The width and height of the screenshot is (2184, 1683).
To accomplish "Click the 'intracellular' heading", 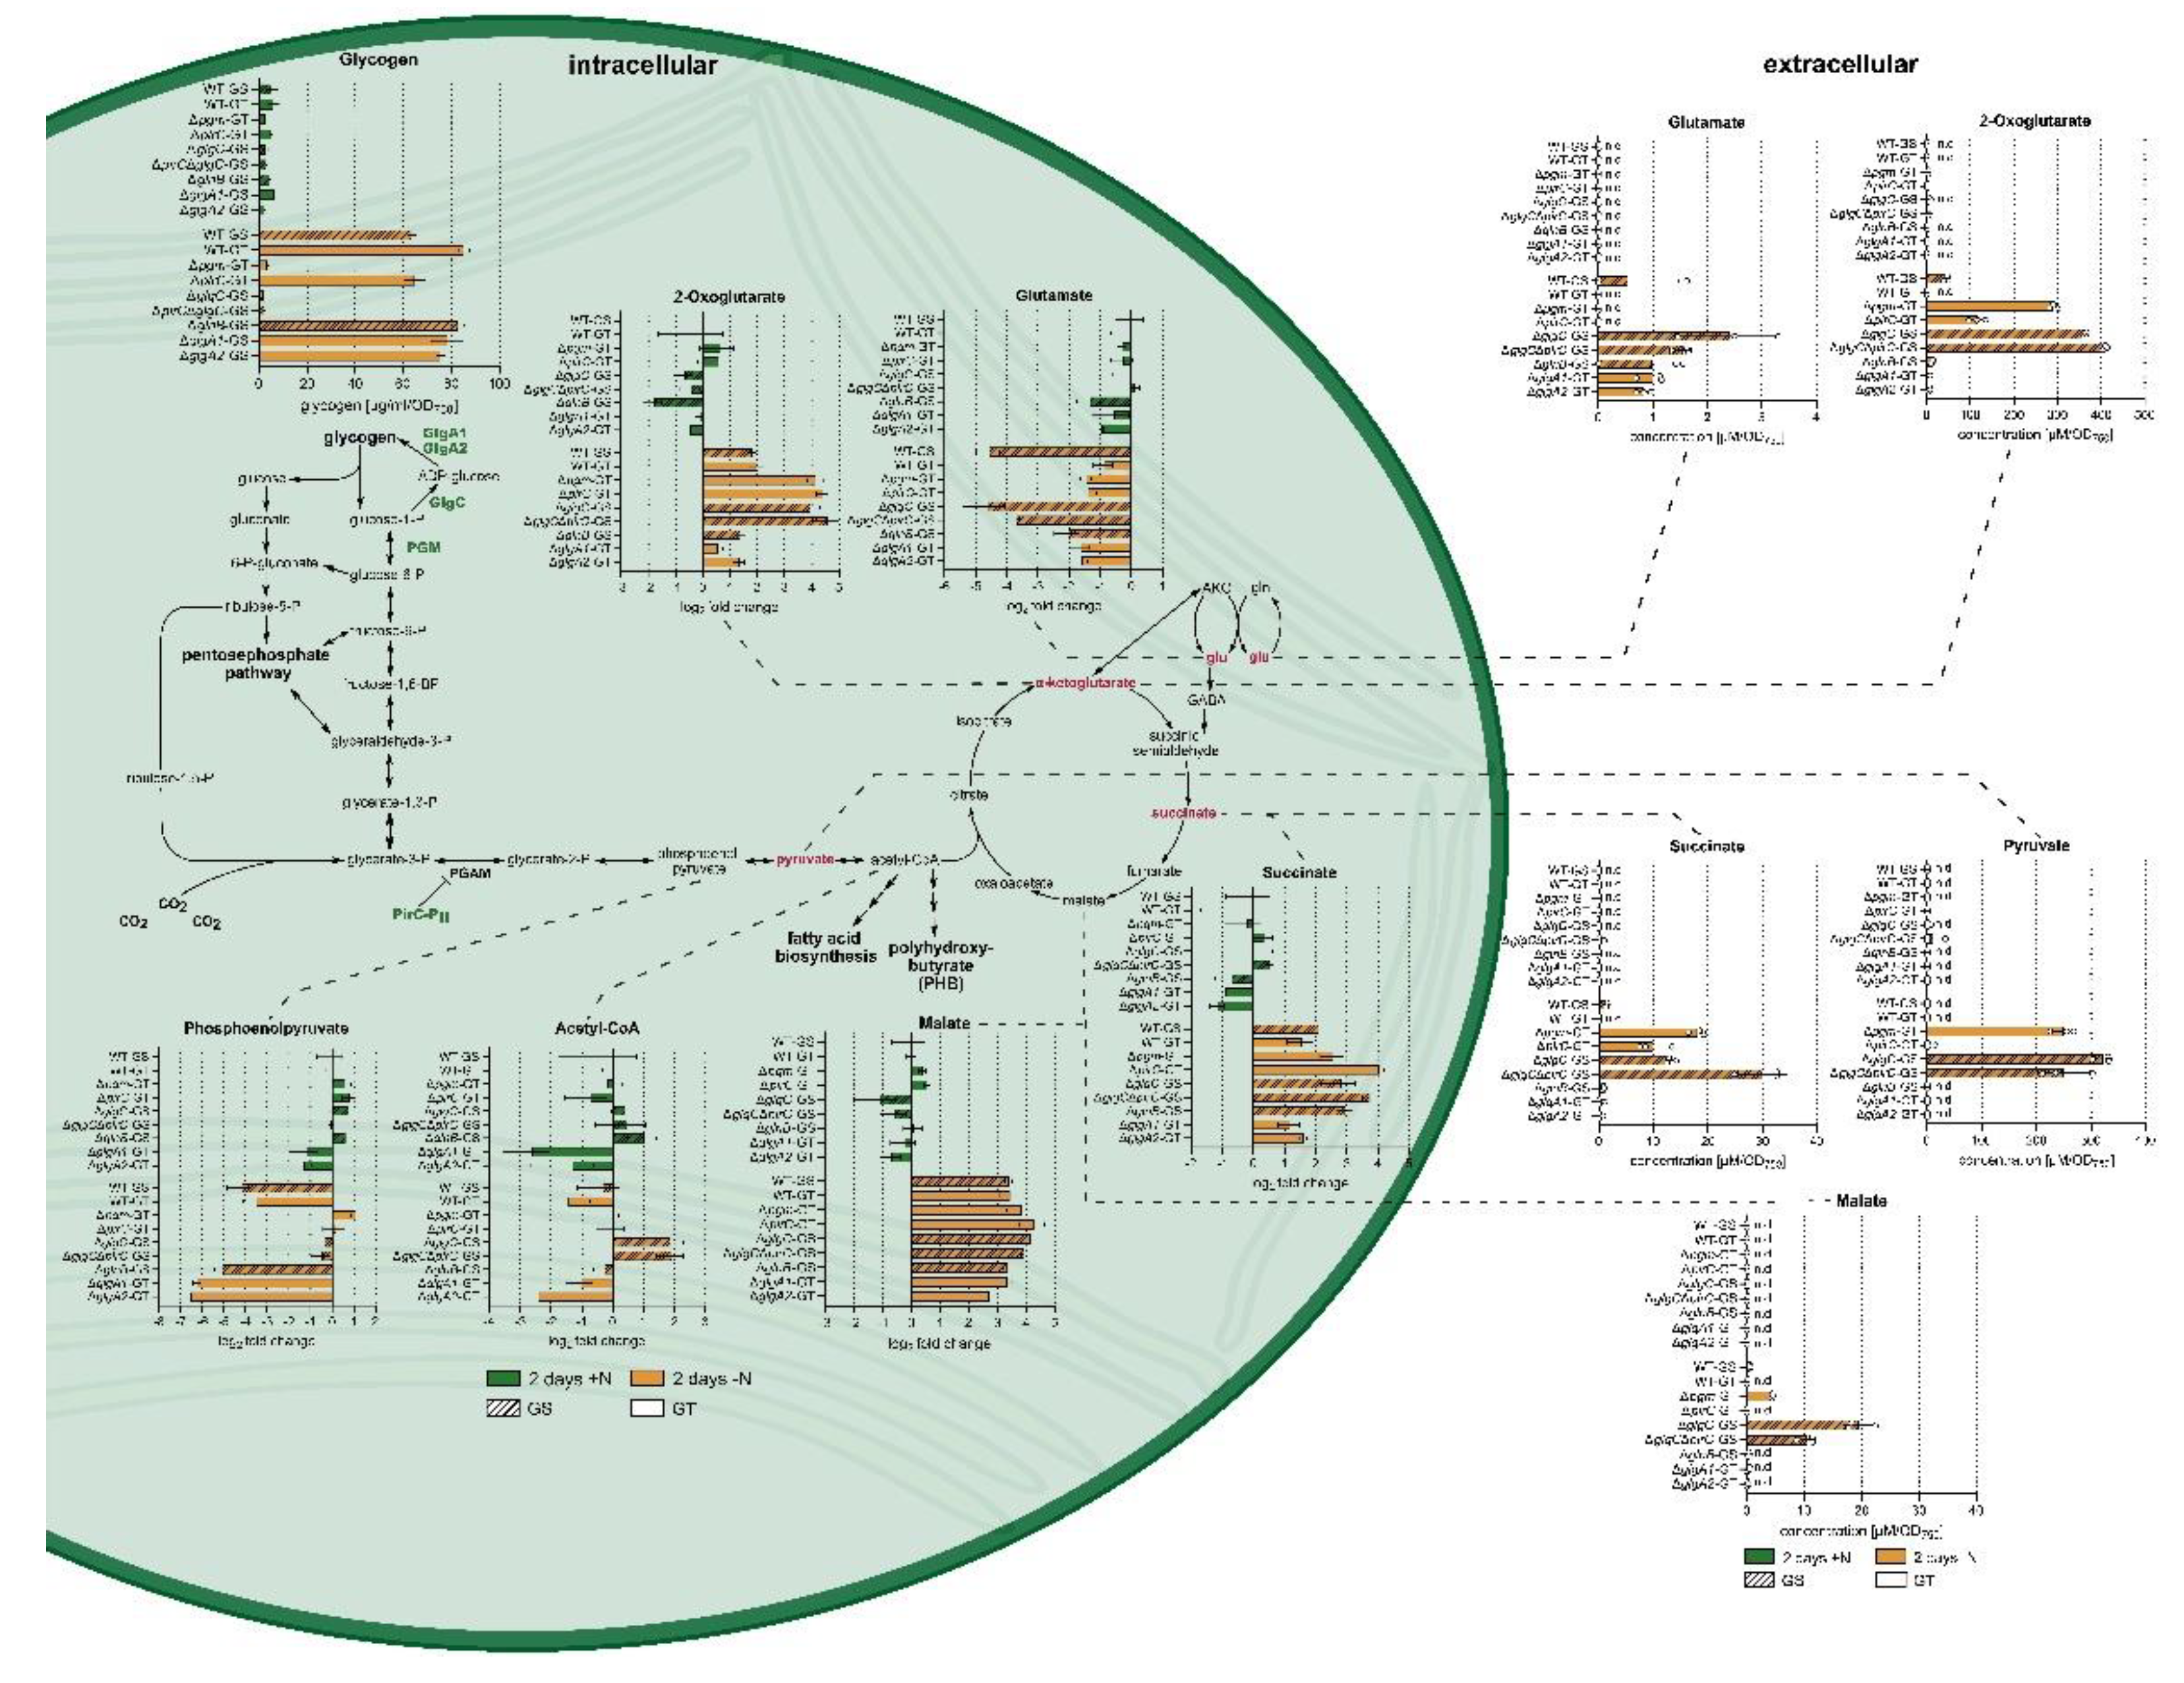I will point(642,66).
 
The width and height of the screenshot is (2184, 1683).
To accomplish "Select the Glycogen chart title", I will point(378,60).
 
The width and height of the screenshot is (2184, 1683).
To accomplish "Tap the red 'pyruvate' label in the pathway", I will point(804,859).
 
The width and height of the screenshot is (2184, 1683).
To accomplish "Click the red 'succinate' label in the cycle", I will point(1183,813).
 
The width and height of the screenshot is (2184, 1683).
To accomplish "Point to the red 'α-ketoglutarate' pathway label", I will point(1085,683).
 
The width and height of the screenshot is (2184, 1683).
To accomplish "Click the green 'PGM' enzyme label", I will point(423,547).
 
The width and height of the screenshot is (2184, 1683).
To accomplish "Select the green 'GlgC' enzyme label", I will point(447,502).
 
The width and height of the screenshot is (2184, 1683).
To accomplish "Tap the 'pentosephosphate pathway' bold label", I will point(256,664).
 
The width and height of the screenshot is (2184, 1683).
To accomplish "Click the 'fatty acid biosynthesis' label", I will point(825,947).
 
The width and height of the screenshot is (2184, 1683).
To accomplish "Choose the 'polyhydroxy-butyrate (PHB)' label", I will point(940,965).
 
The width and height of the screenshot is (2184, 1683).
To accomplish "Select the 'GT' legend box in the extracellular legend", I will point(1890,1581).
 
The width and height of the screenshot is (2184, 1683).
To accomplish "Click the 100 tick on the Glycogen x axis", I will point(498,385).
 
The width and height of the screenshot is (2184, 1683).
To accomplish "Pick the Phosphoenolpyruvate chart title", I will point(266,1028).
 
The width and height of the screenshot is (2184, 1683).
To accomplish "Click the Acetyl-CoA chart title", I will point(597,1028).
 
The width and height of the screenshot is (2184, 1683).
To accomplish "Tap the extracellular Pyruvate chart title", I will point(2036,846).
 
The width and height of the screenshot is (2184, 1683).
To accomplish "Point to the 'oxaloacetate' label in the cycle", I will point(1014,884).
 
